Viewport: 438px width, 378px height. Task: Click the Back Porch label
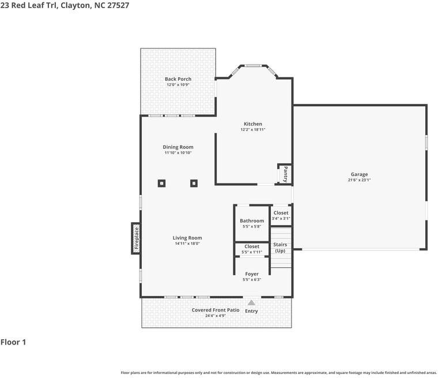178,79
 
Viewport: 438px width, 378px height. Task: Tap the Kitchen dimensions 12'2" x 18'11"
253,129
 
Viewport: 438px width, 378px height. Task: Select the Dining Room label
178,147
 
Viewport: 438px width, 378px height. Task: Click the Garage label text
359,174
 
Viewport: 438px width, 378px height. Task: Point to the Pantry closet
285,174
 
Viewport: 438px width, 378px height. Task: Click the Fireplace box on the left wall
136,238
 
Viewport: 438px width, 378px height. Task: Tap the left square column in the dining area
162,184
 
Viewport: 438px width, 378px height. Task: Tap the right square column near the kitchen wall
194,184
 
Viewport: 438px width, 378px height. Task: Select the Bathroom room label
252,221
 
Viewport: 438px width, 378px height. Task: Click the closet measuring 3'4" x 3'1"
281,215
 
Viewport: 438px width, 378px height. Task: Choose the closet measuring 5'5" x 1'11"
252,249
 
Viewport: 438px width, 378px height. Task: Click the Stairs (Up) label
280,248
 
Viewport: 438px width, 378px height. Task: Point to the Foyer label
252,274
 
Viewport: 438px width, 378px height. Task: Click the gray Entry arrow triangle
251,303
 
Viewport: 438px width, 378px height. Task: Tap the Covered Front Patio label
216,310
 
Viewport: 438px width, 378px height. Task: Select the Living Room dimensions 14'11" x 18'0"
187,244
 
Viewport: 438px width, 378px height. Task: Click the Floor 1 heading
13,342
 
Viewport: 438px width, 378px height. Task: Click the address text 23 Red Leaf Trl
29,5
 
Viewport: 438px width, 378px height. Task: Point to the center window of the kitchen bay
253,66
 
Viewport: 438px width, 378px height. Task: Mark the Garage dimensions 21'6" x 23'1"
359,180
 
